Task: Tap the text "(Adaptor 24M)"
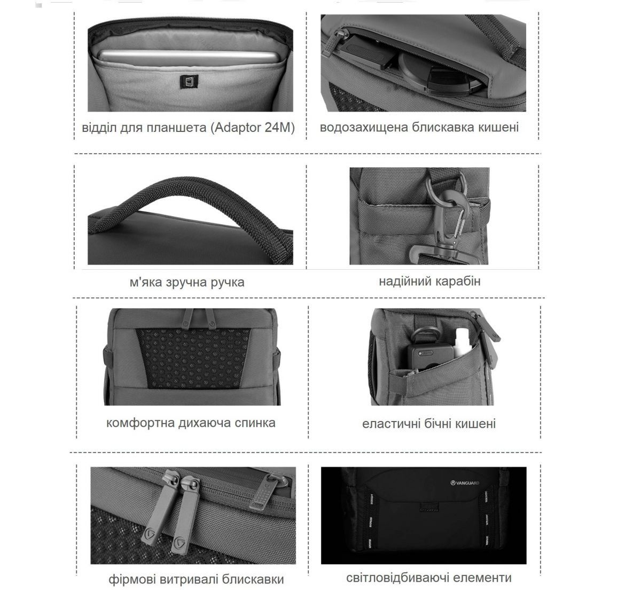pyautogui.click(x=253, y=128)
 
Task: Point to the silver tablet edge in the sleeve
pyautogui.click(x=187, y=57)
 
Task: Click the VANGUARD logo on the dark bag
pyautogui.click(x=465, y=483)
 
